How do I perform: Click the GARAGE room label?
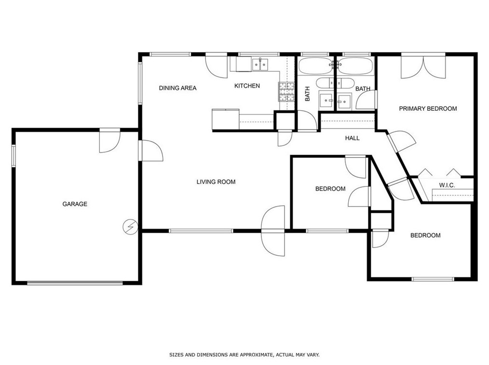tap(75, 204)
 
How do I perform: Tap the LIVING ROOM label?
tap(216, 182)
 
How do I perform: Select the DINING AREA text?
tap(178, 88)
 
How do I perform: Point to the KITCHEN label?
tap(247, 86)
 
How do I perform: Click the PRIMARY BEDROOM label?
tap(428, 109)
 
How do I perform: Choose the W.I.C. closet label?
tap(447, 185)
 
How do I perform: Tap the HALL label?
tap(353, 138)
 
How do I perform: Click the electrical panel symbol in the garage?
tap(131, 227)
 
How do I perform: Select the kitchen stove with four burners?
tap(286, 91)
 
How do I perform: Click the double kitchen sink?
tap(260, 65)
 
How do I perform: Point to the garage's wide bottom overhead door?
tap(75, 283)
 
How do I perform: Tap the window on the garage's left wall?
tap(14, 156)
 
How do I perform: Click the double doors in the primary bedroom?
tap(423, 66)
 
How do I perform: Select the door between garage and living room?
tap(151, 150)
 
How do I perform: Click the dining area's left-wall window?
tap(140, 83)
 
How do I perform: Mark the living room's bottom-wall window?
tap(201, 231)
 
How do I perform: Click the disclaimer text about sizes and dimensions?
tap(244, 355)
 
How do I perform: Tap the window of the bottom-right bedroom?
tap(433, 279)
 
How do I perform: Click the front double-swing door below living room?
tap(273, 231)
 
